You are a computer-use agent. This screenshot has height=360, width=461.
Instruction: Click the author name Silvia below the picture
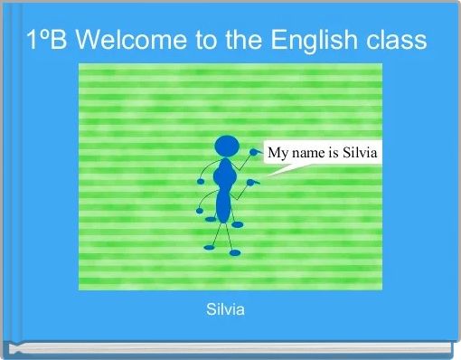point(225,310)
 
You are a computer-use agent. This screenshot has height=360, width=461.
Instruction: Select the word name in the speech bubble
point(308,153)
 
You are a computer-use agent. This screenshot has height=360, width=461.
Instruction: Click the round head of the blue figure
point(227,145)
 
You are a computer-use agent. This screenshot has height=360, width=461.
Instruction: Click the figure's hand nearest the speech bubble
point(256,153)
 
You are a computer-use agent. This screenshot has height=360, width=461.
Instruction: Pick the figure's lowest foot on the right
point(235,252)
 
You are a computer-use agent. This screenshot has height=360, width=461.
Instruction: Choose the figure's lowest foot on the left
point(210,246)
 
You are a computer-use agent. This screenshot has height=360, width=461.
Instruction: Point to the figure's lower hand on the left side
point(200,211)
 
